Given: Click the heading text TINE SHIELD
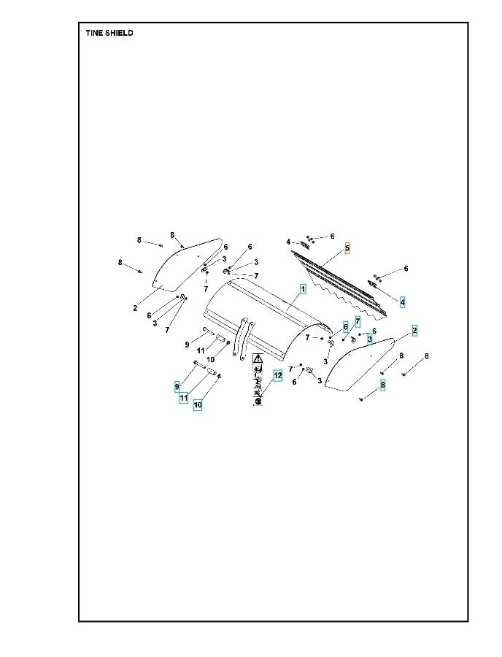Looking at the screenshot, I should tap(109, 33).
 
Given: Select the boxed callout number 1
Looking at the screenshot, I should tap(302, 289).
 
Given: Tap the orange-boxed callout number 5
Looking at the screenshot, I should tap(347, 248).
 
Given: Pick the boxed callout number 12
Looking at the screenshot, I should tap(277, 375).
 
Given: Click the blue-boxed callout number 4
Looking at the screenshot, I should tap(403, 301).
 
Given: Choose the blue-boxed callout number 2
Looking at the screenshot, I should tap(414, 331).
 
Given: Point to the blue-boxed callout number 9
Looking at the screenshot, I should tap(177, 385).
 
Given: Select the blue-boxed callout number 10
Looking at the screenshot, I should tap(197, 404).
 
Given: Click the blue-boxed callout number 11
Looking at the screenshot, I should tap(184, 398).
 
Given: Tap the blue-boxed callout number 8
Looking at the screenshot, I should tap(382, 384).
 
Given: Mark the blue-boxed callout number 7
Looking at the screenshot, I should tap(358, 321).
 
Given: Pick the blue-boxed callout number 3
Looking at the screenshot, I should tap(370, 339).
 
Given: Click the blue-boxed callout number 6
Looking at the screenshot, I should tap(345, 327).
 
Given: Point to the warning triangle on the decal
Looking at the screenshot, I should tap(258, 360).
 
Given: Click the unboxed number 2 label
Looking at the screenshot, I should tap(135, 308).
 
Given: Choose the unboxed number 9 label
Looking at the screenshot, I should tap(187, 344).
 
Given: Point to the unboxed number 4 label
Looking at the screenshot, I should tap(288, 242).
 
